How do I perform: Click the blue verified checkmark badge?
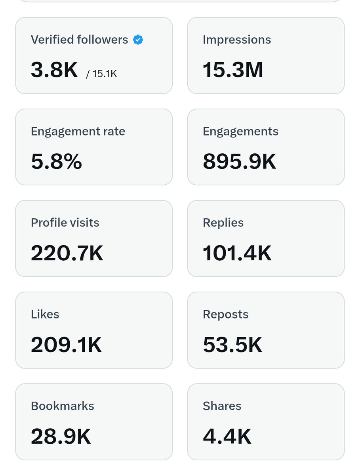tap(138, 40)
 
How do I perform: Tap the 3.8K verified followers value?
tap(54, 70)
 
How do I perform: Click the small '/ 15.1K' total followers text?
tap(101, 74)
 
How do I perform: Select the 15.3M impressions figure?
tap(233, 70)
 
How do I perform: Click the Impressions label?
tap(237, 40)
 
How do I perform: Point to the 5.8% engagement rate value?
tap(56, 162)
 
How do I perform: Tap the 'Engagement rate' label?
tap(78, 132)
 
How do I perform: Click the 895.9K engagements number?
tap(239, 162)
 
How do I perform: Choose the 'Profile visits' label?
tap(65, 223)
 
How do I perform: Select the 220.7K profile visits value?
tap(67, 254)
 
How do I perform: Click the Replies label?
tap(223, 223)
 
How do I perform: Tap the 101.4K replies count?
tap(237, 254)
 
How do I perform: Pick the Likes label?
tap(45, 315)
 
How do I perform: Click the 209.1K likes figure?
tap(66, 345)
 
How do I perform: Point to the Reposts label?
tap(226, 315)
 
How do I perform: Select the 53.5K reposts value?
tap(232, 345)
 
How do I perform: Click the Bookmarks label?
tap(63, 406)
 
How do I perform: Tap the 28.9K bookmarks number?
tap(61, 437)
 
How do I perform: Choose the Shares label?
tap(222, 406)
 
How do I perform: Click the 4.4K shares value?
tap(227, 437)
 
